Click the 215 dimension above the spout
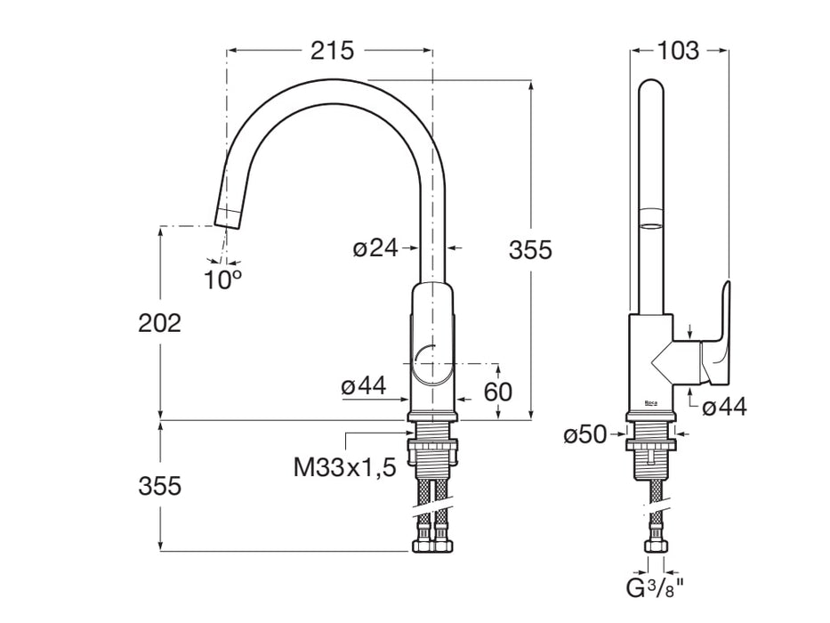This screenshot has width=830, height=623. [332, 51]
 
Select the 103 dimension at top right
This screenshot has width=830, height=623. [678, 51]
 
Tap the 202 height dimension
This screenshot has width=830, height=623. [159, 323]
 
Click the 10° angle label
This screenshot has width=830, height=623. [222, 279]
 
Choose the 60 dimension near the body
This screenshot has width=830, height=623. [499, 391]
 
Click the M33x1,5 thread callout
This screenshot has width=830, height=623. [345, 466]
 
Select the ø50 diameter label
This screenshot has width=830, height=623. [584, 434]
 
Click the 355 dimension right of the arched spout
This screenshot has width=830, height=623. [530, 250]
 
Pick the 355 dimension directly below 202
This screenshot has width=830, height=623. [159, 486]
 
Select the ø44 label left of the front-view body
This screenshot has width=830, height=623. [363, 385]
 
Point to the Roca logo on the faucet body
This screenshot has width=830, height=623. [651, 403]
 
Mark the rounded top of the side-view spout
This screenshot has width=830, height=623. [651, 90]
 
